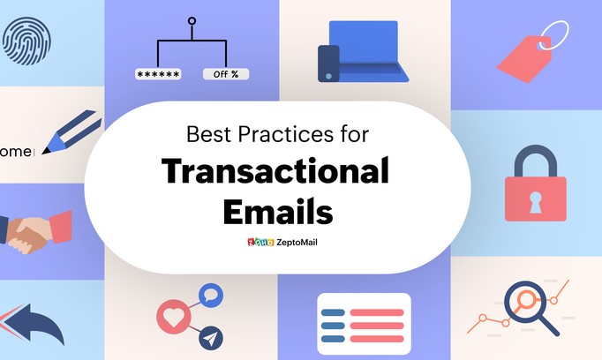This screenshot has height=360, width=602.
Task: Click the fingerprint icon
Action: [26, 41]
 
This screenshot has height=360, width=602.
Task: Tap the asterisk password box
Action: [158, 74]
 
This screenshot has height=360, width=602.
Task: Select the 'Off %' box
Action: [226, 74]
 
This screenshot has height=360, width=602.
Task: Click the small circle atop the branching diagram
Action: [192, 21]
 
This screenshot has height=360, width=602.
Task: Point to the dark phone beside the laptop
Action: [328, 64]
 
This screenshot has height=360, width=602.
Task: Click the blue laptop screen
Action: [364, 41]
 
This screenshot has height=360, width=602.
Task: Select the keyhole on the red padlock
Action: [535, 202]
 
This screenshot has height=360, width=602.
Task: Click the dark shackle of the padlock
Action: [536, 147]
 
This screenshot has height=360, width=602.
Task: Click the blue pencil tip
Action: [47, 150]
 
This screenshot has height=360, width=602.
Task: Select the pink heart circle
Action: [174, 317]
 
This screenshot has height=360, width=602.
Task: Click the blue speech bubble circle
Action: [211, 295]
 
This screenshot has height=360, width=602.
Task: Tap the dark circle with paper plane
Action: [211, 338]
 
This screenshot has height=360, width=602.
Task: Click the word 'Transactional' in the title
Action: [275, 171]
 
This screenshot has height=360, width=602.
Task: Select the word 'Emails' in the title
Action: [278, 212]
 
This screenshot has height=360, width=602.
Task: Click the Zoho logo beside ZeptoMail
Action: [260, 242]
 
